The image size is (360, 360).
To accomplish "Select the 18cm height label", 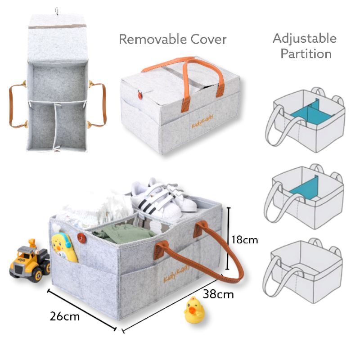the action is pos(244,240).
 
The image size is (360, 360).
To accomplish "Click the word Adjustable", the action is pos(304,38).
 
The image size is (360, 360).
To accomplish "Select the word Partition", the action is pos(306,54).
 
